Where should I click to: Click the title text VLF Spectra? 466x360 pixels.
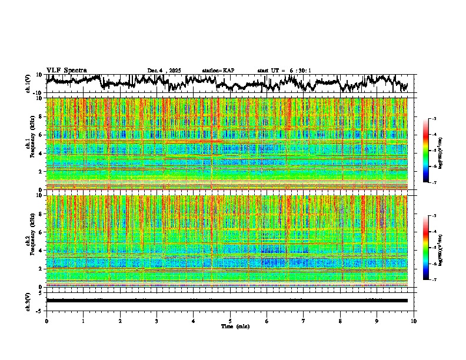[x=66, y=70]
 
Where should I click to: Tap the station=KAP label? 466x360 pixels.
[x=218, y=71]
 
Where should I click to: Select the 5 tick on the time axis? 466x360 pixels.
[x=230, y=321]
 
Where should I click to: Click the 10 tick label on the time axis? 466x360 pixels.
[x=414, y=321]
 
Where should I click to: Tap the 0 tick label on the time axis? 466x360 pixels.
[x=46, y=321]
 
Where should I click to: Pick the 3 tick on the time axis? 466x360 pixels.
[x=157, y=321]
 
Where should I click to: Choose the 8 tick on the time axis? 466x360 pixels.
[x=340, y=321]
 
